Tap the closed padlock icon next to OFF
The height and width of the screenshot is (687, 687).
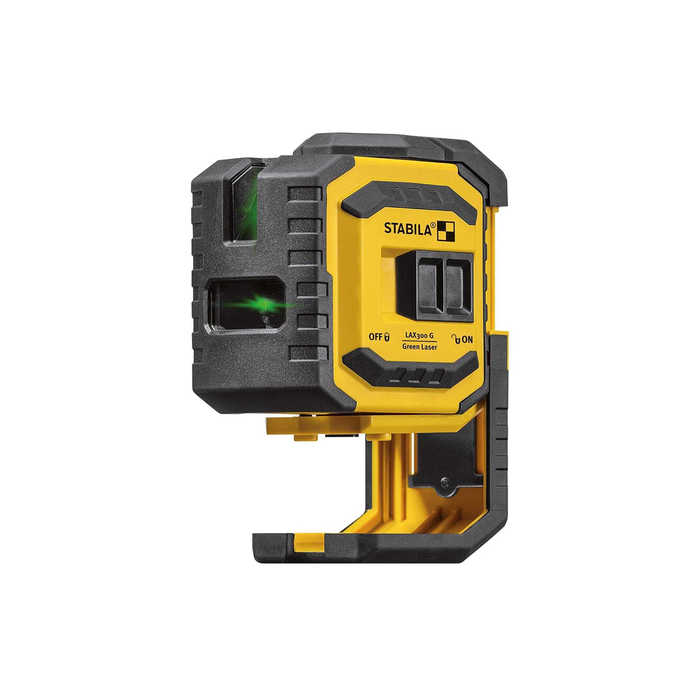tap(387, 338)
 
